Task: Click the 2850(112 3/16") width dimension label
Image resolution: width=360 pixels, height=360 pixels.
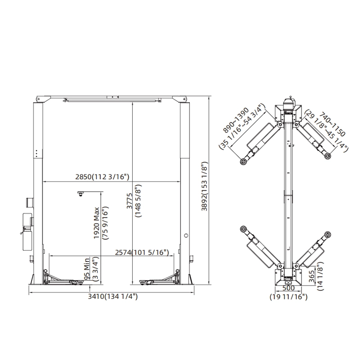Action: pyautogui.click(x=103, y=177)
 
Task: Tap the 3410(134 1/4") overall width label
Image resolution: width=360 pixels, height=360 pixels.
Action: pyautogui.click(x=113, y=297)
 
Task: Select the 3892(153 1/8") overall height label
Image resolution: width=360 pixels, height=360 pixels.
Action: pyautogui.click(x=204, y=186)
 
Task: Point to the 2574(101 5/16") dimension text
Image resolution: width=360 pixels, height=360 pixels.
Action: pyautogui.click(x=142, y=252)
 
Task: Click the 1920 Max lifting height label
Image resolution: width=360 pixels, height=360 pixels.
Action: pyautogui.click(x=96, y=223)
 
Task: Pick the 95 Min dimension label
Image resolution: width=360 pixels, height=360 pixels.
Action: pyautogui.click(x=87, y=269)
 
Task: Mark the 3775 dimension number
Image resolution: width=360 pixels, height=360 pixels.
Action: pyautogui.click(x=130, y=201)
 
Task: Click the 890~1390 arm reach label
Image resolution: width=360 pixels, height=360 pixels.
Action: pyautogui.click(x=236, y=120)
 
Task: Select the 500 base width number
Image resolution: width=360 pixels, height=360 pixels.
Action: pyautogui.click(x=288, y=288)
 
